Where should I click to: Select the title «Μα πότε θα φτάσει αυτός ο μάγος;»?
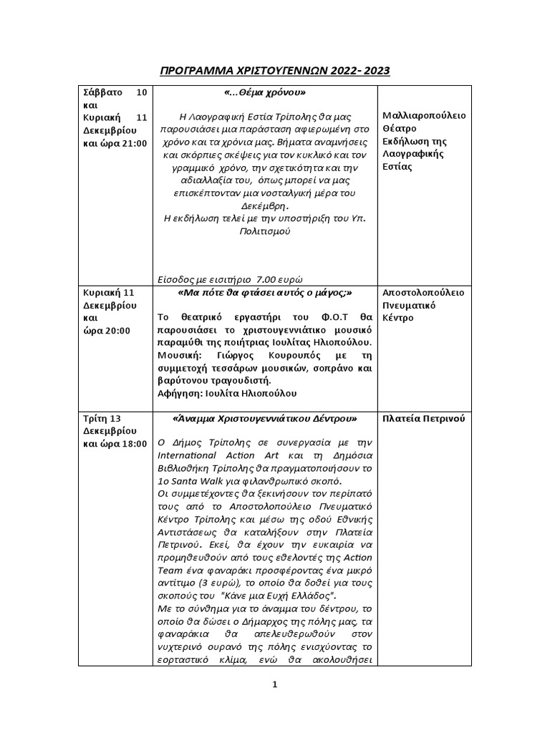click(264, 293)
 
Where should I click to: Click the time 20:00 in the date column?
click(115, 331)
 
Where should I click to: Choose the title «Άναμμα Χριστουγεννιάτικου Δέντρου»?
click(265, 418)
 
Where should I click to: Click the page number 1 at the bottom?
click(274, 685)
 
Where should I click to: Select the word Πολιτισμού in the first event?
click(264, 232)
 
